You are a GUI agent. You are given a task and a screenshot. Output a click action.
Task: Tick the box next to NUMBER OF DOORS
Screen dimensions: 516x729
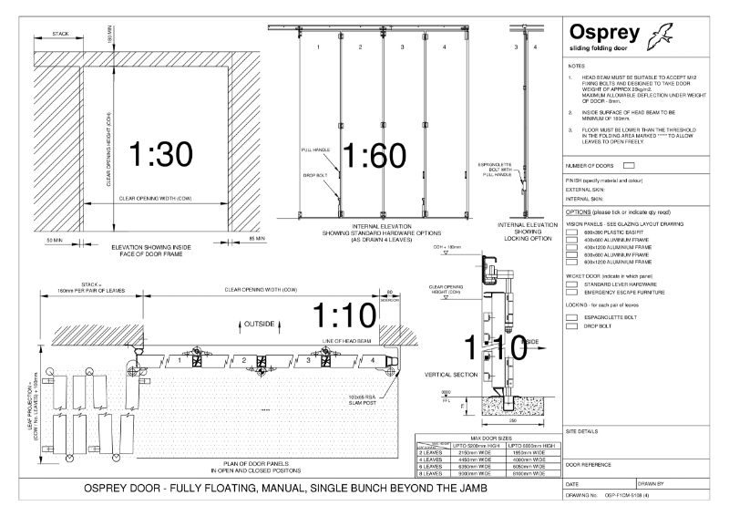coord(629,165)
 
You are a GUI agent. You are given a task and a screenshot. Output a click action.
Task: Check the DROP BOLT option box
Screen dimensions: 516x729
coord(571,325)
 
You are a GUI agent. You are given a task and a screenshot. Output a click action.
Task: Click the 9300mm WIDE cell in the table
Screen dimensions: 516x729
coord(474,473)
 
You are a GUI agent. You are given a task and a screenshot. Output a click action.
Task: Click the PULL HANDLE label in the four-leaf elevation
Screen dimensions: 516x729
coord(313,148)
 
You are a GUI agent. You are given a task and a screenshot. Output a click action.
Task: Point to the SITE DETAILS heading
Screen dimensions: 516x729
coord(584,430)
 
